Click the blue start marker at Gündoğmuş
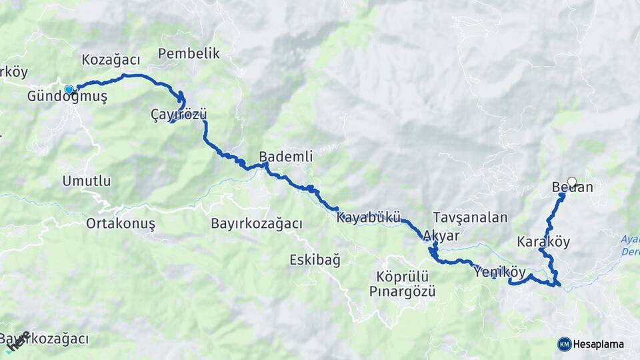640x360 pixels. click(69, 89)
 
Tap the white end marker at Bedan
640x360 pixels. click(571, 181)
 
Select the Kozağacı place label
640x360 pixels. click(111, 60)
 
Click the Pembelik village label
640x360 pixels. click(189, 54)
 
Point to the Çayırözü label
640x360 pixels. click(179, 115)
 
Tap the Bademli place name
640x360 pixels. click(285, 157)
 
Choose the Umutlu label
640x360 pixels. click(87, 181)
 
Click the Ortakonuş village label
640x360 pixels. click(121, 223)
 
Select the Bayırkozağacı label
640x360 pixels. click(256, 223)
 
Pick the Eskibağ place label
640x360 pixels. click(315, 259)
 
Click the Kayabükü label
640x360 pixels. click(368, 217)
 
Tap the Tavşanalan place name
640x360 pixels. click(470, 217)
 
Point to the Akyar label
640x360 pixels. click(441, 236)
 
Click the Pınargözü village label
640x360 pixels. click(402, 291)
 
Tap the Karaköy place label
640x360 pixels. click(543, 241)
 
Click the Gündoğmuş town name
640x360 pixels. click(67, 97)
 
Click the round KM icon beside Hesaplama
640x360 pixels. click(564, 344)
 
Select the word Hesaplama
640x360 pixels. click(598, 344)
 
